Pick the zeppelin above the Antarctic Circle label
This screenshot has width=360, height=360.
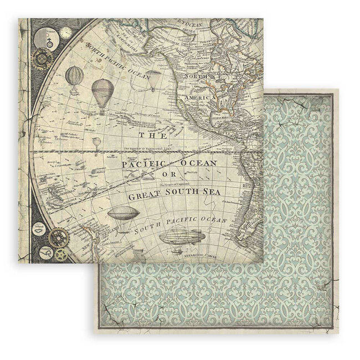(x=178, y=241)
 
